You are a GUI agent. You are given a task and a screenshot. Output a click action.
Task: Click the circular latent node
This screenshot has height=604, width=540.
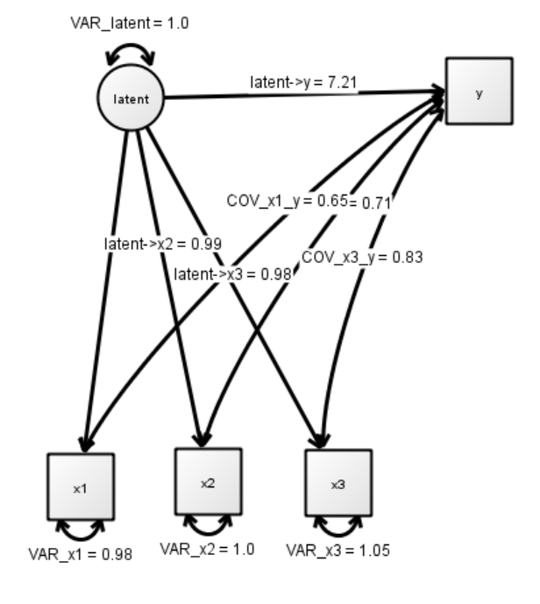[131, 99]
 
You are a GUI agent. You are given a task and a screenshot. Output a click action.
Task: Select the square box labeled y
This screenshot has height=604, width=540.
[479, 92]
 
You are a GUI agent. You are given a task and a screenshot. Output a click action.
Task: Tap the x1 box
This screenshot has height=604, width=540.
[80, 487]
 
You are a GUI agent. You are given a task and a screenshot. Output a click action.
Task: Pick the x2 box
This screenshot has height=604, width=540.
[209, 482]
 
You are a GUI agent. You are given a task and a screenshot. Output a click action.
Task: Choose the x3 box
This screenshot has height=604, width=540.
[337, 483]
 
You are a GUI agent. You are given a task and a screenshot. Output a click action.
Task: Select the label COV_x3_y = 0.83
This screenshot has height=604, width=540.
[362, 257]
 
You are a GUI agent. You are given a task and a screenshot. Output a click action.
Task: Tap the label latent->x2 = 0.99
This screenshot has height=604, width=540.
[162, 243]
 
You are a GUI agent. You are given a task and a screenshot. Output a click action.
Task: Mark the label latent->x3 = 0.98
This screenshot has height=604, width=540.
[232, 275]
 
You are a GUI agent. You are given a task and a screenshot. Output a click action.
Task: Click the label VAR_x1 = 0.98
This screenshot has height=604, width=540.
[81, 554]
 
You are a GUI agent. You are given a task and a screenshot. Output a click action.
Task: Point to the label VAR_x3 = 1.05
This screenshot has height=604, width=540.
[337, 551]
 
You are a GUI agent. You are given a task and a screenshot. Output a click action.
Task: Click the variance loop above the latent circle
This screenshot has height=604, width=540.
[130, 53]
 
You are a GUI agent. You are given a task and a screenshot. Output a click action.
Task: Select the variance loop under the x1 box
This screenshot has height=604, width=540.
[80, 529]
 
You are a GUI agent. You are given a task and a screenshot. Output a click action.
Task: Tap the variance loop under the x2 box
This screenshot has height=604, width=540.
[209, 524]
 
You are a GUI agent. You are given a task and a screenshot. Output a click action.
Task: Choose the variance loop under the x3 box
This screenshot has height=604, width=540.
[337, 525]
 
